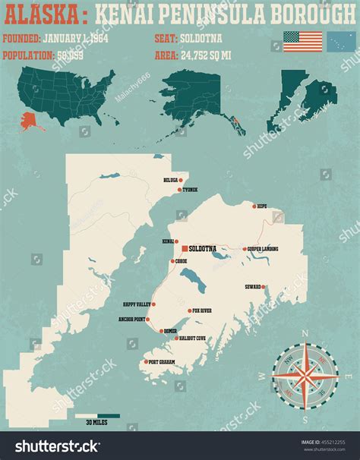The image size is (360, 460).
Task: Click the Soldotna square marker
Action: pos(185,248)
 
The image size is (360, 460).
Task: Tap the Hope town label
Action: pos(262,206)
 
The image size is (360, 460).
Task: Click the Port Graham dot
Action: pos(145,362)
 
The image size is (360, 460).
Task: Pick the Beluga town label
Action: pos(170,181)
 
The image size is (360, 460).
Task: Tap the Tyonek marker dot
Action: pos(178,189)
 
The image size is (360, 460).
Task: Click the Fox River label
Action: pos(201,310)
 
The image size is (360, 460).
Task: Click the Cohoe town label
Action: pos(181,261)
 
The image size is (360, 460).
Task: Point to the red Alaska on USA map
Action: pos(33,119)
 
